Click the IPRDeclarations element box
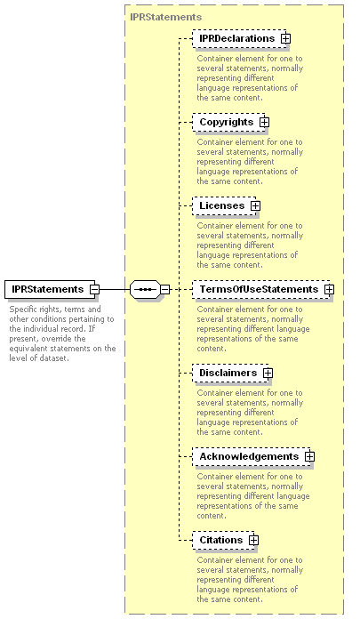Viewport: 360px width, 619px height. pyautogui.click(x=239, y=39)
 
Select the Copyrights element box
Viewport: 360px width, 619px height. pyautogui.click(x=228, y=123)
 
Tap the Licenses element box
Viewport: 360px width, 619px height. pyautogui.click(x=224, y=206)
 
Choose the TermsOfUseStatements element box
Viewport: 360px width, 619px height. pyautogui.click(x=261, y=289)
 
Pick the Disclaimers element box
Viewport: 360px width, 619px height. pyautogui.click(x=230, y=373)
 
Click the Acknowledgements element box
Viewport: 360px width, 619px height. pyautogui.click(x=252, y=457)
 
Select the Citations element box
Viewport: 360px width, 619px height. pyautogui.click(x=223, y=541)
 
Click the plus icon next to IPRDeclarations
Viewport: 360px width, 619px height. pyautogui.click(x=286, y=39)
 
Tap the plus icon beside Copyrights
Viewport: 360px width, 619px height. pyautogui.click(x=265, y=123)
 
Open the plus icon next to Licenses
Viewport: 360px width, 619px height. pyautogui.click(x=256, y=206)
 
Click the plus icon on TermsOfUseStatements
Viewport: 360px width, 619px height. pyautogui.click(x=329, y=289)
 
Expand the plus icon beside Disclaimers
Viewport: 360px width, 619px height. pyautogui.click(x=268, y=373)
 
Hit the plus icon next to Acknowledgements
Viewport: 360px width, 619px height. pyautogui.click(x=310, y=457)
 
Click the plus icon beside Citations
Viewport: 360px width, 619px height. pyautogui.click(x=254, y=541)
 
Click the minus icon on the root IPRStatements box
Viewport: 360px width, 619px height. pyautogui.click(x=95, y=289)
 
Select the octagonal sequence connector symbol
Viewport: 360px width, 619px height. pyautogui.click(x=145, y=289)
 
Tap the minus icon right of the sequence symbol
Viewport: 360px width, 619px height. pyautogui.click(x=165, y=289)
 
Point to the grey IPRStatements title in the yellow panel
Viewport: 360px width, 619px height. pyautogui.click(x=166, y=17)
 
